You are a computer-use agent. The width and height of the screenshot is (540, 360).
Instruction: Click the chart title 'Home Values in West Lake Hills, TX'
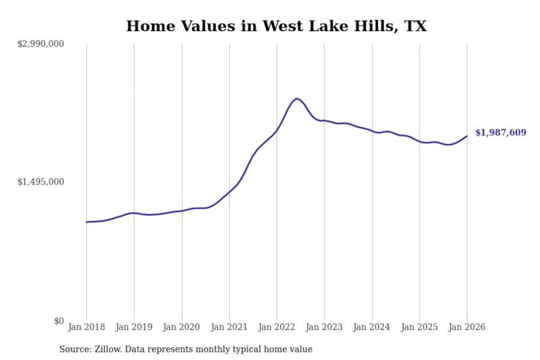(276, 26)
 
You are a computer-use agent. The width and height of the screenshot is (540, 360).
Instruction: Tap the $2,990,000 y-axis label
(40, 44)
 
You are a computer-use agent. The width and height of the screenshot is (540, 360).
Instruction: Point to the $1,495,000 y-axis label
(40, 182)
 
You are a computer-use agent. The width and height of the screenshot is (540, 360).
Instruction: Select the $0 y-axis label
(59, 321)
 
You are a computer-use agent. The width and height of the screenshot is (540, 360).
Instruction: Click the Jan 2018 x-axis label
(86, 327)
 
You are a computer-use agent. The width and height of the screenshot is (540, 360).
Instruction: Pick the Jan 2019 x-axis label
(134, 327)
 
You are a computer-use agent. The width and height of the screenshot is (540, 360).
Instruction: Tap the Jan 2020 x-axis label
(181, 327)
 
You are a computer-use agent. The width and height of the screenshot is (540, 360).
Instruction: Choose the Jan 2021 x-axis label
(229, 327)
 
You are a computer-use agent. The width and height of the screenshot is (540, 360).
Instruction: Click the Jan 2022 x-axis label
(277, 327)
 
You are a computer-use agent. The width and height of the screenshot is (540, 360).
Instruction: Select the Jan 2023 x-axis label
(324, 327)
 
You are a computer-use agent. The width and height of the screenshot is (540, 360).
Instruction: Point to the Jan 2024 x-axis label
(372, 327)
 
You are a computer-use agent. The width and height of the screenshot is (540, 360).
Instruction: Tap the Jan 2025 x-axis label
(419, 327)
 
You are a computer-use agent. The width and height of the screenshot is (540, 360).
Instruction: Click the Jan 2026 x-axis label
(467, 327)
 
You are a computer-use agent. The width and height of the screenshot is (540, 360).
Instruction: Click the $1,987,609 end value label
(501, 132)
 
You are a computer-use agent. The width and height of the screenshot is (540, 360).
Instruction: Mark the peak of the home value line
(297, 99)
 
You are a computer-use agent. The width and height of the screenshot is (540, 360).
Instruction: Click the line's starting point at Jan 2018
(87, 222)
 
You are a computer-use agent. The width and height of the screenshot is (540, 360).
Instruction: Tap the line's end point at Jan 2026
(467, 136)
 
